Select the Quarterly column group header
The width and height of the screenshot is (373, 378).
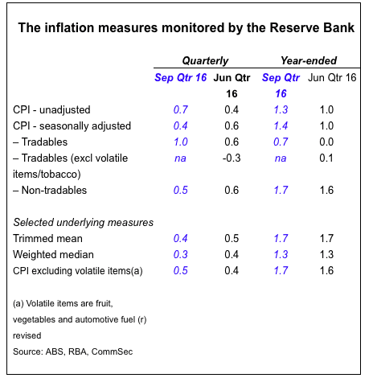[x=205, y=61]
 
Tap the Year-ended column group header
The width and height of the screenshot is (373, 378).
[x=309, y=60]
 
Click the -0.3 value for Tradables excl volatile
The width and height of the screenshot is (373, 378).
[x=232, y=158]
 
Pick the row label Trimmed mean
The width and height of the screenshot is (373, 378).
[x=47, y=238]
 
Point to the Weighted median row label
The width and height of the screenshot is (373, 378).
[x=53, y=254]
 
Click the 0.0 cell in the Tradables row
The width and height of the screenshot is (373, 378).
[x=326, y=142]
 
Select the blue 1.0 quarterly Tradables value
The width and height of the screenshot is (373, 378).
[x=181, y=142]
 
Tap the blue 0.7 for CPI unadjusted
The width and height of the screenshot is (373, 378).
[x=181, y=109]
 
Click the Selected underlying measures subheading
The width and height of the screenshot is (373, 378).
[x=84, y=222]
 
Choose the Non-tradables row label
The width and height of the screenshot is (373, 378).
[x=50, y=190]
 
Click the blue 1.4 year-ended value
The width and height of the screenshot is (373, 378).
[x=281, y=125]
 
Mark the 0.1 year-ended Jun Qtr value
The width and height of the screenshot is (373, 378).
[x=326, y=158]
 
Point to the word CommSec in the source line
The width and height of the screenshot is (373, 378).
[x=112, y=351]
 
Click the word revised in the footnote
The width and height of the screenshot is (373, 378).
[x=27, y=335]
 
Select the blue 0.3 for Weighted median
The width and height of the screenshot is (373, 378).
[x=181, y=254]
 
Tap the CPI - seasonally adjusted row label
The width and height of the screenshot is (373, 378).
[x=72, y=125]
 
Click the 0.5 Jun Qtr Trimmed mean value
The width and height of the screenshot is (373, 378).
[x=232, y=238]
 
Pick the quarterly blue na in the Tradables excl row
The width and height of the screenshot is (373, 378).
[x=180, y=158]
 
